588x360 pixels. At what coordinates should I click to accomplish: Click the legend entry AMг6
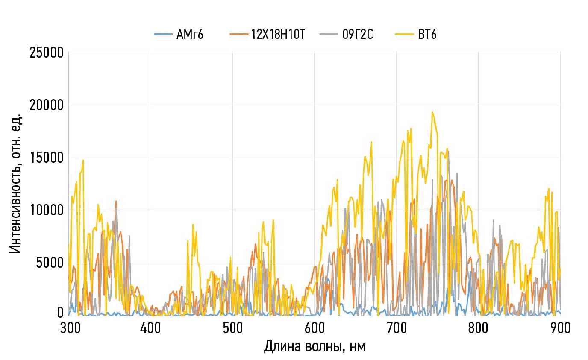click(190, 35)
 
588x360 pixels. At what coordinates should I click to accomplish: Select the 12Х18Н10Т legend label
click(278, 35)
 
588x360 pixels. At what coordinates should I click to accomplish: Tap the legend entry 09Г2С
click(358, 35)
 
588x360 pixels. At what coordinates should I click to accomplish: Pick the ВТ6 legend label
click(427, 35)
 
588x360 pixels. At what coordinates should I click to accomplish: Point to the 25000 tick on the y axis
click(47, 53)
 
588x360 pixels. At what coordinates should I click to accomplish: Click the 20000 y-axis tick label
click(47, 105)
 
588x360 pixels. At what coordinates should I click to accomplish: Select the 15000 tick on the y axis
click(47, 158)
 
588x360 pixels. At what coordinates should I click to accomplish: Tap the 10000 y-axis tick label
click(47, 211)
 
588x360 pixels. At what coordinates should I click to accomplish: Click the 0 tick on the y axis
click(60, 313)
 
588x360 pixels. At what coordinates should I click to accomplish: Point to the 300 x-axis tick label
click(69, 328)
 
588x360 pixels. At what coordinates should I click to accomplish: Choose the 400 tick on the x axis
click(150, 328)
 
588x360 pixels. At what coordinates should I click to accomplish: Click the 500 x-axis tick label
click(232, 328)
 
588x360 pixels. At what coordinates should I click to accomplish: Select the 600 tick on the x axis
click(315, 328)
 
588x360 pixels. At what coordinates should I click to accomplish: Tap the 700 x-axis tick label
click(396, 328)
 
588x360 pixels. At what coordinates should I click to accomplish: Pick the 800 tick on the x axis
click(478, 328)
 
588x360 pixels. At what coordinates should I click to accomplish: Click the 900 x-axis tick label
click(560, 328)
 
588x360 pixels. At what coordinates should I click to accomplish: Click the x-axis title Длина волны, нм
click(315, 346)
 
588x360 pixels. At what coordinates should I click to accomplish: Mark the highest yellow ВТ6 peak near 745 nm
click(432, 112)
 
